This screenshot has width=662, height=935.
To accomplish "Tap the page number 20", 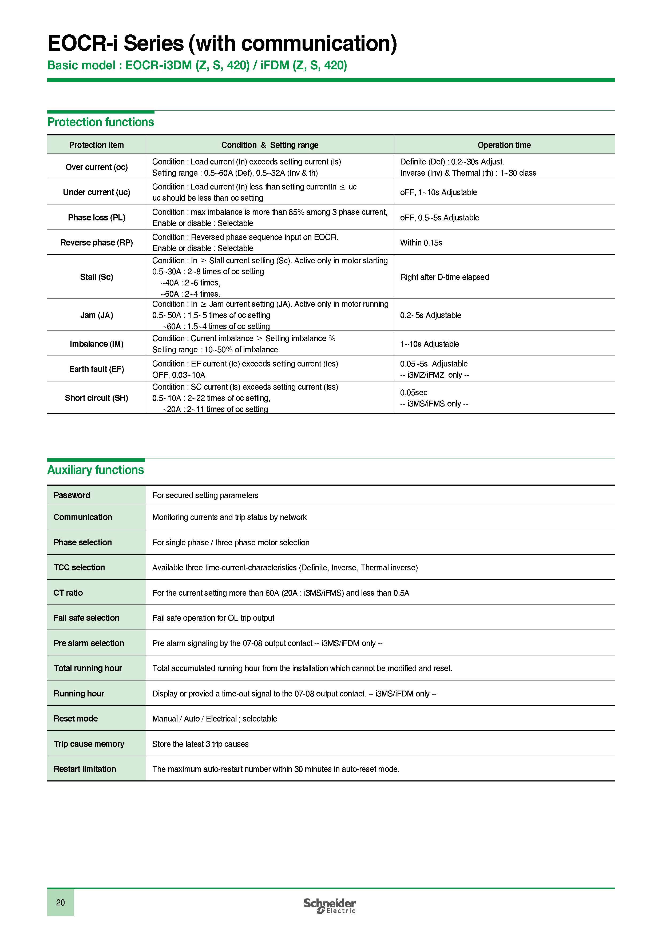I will [60, 902].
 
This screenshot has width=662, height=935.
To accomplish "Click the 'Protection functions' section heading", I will [101, 122].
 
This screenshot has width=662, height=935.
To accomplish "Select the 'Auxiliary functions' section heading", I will [96, 470].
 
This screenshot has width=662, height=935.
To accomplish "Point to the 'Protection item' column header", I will [96, 145].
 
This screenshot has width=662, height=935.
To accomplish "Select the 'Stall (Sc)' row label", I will [97, 277].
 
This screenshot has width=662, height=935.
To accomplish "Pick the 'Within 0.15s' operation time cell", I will [421, 243].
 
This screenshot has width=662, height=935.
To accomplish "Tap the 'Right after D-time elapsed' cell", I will [444, 277].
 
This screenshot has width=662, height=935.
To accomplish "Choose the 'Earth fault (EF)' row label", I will [97, 369].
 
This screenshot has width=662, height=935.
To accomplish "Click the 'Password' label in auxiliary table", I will [72, 495].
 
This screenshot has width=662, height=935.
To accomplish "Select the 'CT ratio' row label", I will [68, 593].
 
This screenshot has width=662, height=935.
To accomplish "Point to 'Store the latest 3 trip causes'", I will [200, 744].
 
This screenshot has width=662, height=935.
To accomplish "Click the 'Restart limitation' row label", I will [85, 769].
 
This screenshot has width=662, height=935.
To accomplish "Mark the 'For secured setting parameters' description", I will [205, 495].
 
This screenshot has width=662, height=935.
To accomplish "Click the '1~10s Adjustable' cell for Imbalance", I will [429, 344].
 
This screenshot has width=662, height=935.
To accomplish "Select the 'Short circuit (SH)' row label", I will [97, 398].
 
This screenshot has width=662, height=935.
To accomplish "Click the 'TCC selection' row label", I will [79, 567].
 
